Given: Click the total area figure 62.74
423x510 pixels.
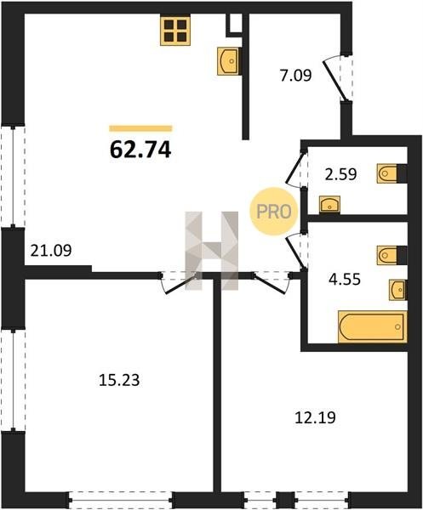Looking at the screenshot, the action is point(140,150).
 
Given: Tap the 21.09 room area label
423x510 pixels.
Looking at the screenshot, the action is point(51,251).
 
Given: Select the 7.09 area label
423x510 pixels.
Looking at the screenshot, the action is point(295,75).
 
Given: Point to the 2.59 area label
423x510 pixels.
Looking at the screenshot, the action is point(341,174).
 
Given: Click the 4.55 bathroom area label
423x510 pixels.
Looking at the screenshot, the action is point(344,280).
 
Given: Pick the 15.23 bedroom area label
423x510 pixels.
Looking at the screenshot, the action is point(119,380).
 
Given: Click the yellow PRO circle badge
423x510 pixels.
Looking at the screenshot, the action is point(274,212).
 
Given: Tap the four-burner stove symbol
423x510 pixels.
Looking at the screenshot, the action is point(175,31).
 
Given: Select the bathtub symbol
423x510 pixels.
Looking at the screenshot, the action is point(373,326).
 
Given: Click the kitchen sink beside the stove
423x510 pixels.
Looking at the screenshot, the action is point(228,61).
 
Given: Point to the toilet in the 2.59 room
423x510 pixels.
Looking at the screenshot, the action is point(392,173).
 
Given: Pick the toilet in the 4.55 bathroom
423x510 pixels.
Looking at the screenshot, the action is point(392,255).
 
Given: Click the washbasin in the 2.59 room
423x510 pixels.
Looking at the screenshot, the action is point(329,205).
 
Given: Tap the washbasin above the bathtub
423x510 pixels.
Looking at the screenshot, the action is point(398,289).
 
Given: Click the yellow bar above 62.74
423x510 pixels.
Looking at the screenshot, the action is point(140,128).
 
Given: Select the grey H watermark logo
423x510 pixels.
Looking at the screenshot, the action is point(212,251).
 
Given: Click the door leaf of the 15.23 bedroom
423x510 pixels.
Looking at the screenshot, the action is point(181,285).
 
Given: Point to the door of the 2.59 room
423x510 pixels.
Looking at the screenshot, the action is point(296,168).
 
